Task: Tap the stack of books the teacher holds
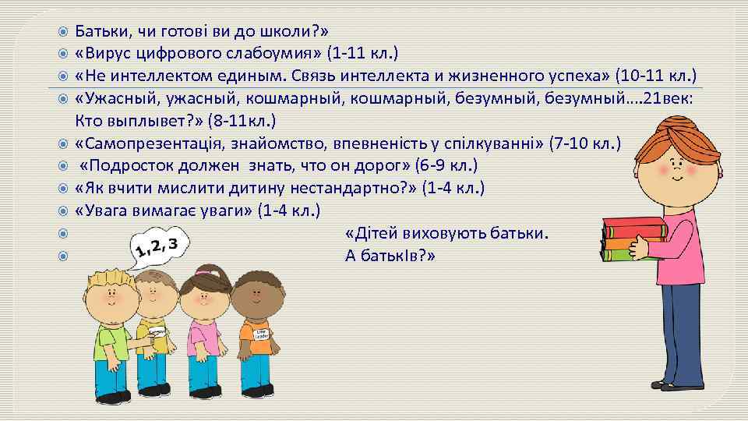635,238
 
